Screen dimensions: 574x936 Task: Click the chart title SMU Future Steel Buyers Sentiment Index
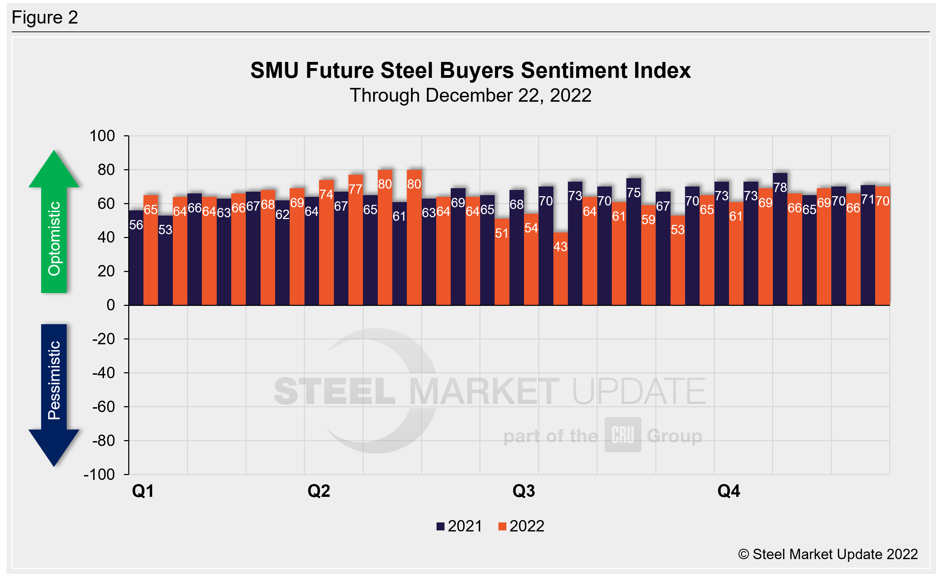click(470, 71)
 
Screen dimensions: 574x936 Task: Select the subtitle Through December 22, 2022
click(470, 95)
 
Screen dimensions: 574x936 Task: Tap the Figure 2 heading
click(45, 18)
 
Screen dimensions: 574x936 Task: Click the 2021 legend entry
click(459, 526)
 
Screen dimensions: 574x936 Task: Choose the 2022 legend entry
click(521, 526)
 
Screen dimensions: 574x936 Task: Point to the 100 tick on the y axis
click(102, 136)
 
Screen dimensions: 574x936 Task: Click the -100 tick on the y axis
click(100, 474)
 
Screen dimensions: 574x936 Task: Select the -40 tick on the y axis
click(103, 373)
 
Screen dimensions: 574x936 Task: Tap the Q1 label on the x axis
click(143, 491)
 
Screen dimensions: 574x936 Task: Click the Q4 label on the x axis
click(729, 491)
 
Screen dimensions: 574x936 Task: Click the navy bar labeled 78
click(780, 243)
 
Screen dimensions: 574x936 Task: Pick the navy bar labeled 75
click(634, 247)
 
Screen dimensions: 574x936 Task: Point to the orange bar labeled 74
click(326, 247)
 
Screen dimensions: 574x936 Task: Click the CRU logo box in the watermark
click(623, 435)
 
